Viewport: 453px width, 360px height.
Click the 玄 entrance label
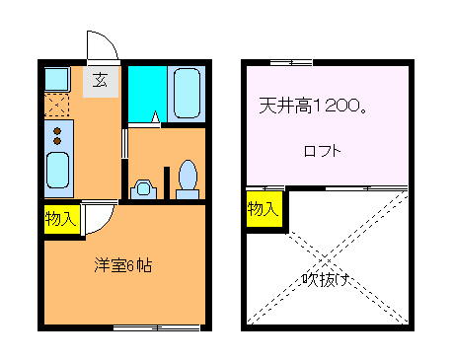coord(101,81)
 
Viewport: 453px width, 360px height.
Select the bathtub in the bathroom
coord(185,93)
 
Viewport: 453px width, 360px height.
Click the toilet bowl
coord(187,179)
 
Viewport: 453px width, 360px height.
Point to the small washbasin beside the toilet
coord(144,186)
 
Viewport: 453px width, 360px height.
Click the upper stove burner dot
coord(58,129)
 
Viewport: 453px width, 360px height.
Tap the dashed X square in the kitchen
coord(57,105)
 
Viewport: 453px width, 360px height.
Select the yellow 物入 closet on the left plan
coord(60,219)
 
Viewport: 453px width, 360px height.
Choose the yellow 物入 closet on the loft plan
coord(264,209)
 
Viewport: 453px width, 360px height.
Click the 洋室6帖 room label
coord(122,265)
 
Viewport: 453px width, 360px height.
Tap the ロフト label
coord(322,151)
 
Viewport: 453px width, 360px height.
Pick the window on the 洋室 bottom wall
coord(156,326)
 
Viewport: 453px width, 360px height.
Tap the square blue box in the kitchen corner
coord(54,77)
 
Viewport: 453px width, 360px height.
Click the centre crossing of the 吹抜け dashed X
coord(326,255)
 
